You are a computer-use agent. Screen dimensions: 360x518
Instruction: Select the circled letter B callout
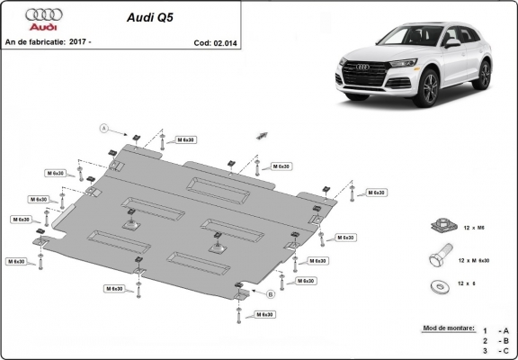pos(270,293)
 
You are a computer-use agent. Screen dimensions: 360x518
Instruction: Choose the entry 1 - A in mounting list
pos(492,331)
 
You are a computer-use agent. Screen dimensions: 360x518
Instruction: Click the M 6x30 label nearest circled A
pos(185,140)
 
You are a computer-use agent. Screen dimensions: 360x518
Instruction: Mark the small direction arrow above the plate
pos(262,134)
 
